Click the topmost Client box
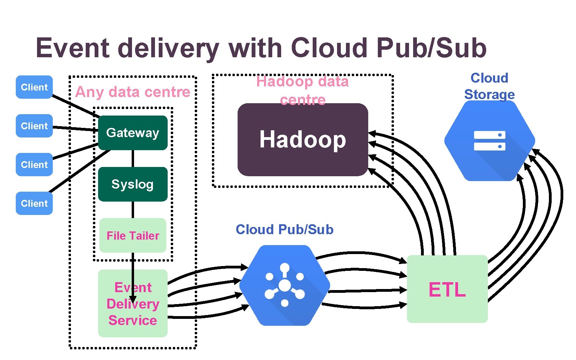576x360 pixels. point(34,87)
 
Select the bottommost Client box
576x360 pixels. point(34,203)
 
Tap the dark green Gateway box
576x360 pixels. point(133,133)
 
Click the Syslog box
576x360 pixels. point(133,184)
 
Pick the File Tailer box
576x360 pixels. point(133,236)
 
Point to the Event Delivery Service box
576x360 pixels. point(133,319)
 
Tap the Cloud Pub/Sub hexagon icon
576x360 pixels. point(285,285)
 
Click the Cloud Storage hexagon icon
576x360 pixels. point(490,141)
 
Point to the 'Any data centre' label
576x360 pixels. point(133,92)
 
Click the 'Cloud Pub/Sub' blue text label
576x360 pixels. point(285,229)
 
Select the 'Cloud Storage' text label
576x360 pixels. point(489,86)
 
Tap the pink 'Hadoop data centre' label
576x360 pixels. point(302,90)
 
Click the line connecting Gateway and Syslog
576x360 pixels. point(133,158)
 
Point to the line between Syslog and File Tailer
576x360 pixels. point(133,210)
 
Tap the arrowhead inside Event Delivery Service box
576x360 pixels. point(133,299)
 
